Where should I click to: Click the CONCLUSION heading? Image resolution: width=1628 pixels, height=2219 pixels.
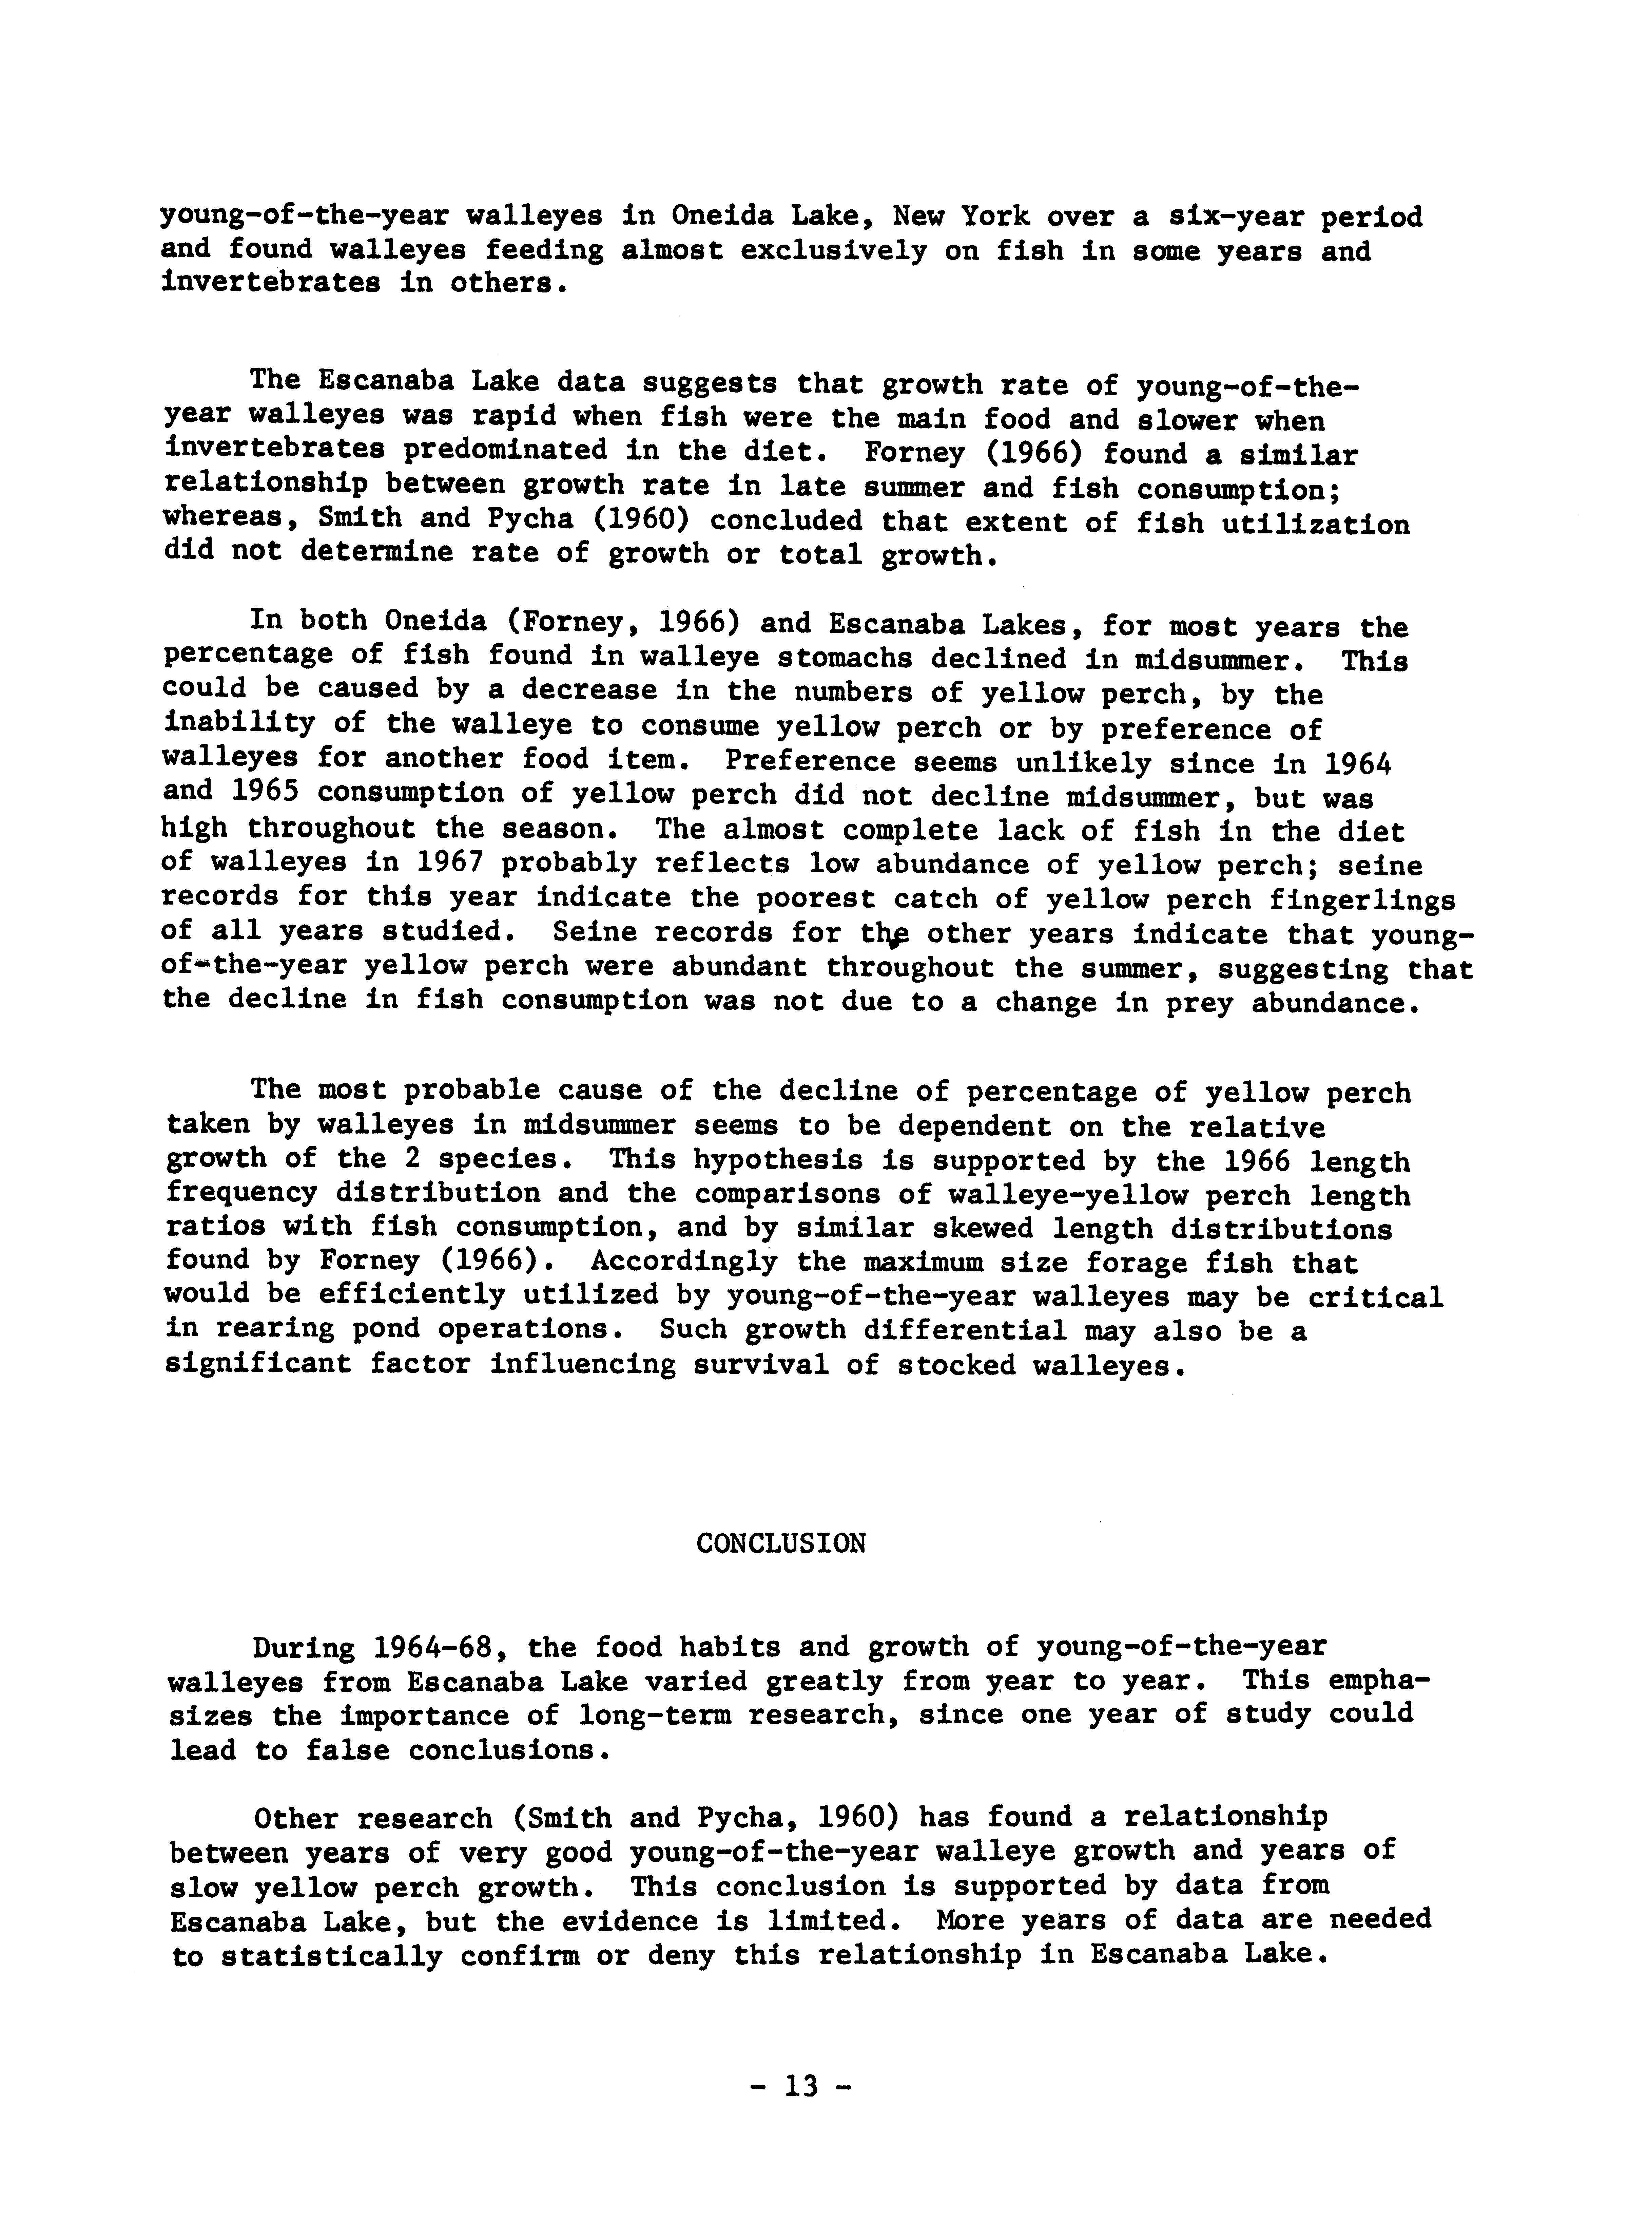(x=780, y=1544)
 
